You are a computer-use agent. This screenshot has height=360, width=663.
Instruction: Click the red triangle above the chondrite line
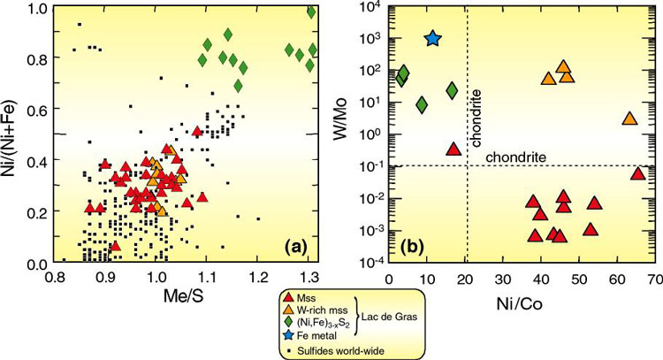coord(453,149)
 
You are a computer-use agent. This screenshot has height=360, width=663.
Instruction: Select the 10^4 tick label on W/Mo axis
coord(370,8)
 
